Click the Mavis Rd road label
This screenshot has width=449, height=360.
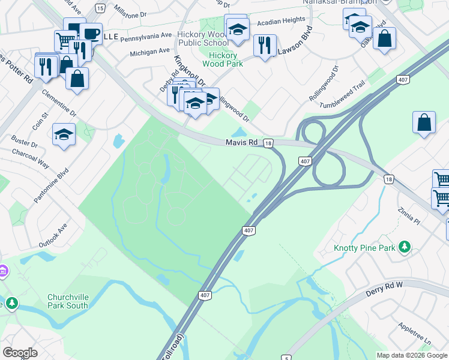(241, 143)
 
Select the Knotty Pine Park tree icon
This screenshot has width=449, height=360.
(405, 247)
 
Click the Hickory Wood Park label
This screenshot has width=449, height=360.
(222, 59)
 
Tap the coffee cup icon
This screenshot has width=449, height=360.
(91, 34)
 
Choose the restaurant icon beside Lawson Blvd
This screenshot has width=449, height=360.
(264, 45)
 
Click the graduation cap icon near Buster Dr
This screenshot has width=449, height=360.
(64, 135)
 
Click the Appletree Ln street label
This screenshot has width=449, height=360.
(414, 333)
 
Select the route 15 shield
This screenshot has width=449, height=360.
(100, 8)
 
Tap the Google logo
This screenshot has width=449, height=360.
(20, 352)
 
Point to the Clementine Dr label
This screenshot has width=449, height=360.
(59, 103)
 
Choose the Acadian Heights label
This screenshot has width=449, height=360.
(281, 20)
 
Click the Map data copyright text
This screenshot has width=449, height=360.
(412, 355)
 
